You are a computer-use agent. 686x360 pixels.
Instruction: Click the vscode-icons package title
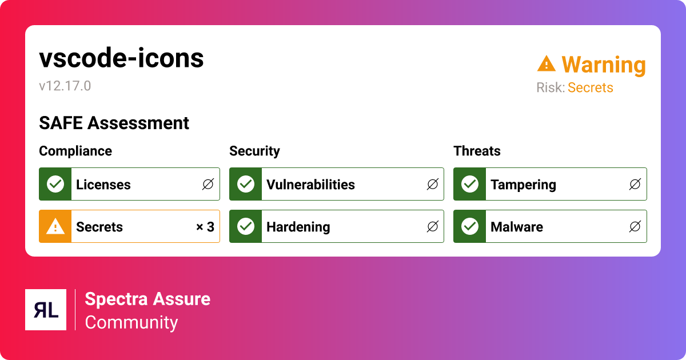(121, 58)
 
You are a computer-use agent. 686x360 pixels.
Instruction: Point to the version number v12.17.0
(65, 86)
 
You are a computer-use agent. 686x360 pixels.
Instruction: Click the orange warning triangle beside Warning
(547, 64)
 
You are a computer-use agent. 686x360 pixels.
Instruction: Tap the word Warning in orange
(603, 65)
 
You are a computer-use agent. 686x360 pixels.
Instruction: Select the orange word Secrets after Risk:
(590, 88)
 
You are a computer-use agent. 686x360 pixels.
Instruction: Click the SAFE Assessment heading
(114, 123)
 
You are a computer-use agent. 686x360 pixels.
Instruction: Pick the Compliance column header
(75, 151)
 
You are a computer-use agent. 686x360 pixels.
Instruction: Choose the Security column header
(254, 151)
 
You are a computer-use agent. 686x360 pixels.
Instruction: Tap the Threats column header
(477, 151)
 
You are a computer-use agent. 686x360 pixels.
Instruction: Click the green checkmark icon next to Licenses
(55, 184)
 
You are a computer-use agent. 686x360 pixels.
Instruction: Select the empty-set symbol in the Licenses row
(208, 184)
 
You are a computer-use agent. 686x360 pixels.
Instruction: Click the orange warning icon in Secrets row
(55, 226)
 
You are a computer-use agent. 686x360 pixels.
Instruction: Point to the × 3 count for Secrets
(205, 227)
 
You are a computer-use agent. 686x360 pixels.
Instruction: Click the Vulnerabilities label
(310, 185)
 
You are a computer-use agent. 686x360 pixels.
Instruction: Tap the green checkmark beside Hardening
(246, 226)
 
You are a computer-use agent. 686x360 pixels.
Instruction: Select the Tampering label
(523, 185)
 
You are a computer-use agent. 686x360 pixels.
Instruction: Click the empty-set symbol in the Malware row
(635, 227)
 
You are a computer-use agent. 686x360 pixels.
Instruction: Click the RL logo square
(46, 310)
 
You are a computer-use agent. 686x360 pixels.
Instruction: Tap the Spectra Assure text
(147, 299)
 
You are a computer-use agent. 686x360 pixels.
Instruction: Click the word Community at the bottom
(131, 322)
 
